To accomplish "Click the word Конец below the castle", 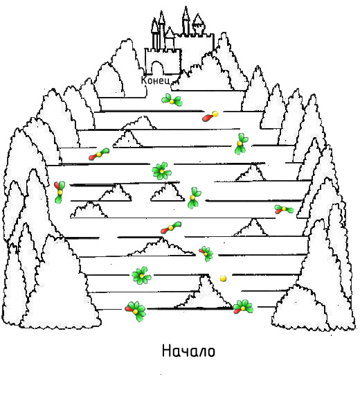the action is coord(156,80).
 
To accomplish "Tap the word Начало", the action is coord(188,351).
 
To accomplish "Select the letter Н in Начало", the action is coord(166,351).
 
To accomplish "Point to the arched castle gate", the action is coord(157,68).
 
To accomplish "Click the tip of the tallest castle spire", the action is coord(186,7).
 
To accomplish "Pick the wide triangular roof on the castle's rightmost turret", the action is coord(198,19).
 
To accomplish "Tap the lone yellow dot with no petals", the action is coord(223,278).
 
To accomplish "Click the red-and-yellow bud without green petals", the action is coord(210,116).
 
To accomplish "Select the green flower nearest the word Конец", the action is coord(172,100).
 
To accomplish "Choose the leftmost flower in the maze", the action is coord(60,192).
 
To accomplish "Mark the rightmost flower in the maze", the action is coord(284,209).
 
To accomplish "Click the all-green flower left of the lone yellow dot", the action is coord(141,276).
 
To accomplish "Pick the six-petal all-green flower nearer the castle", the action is coord(161,171).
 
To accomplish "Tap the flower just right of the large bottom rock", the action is coord(243,307).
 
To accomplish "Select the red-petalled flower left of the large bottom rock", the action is coord(135,311).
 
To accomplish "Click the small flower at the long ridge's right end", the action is coord(206,254).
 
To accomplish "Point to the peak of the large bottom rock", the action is coord(205,276).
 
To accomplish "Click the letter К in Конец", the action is coord(144,80).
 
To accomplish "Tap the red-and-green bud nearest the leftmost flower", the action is coord(99,154).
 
